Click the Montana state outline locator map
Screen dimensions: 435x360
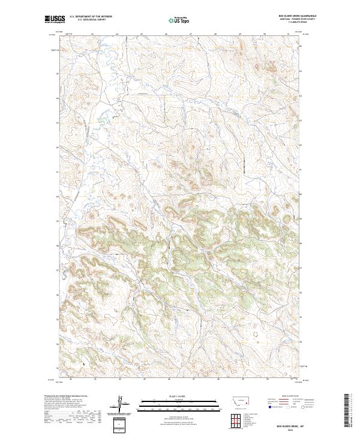[x=239, y=403]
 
